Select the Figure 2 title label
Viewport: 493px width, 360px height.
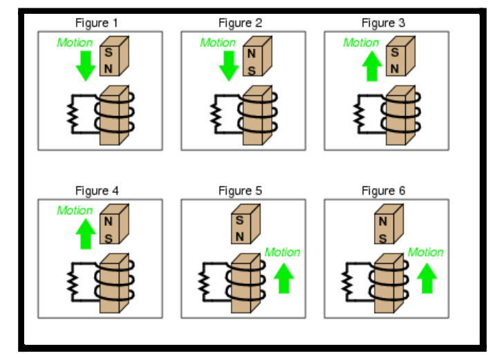pos(240,23)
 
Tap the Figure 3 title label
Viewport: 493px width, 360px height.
pos(383,23)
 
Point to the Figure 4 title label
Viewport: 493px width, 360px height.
pos(97,191)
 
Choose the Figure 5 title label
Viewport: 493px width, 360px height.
pos(240,191)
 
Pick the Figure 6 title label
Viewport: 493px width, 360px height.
pos(383,191)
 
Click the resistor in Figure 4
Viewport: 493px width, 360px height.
pos(71,281)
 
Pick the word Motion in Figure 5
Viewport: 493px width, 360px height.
pos(282,252)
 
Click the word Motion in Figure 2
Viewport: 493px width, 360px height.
pos(218,43)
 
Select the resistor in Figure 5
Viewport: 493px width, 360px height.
pos(204,281)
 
